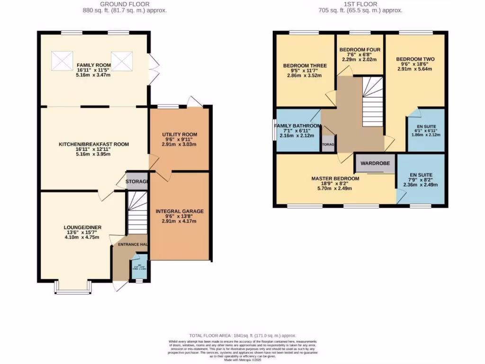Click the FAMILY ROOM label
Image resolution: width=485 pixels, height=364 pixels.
(x=94, y=65)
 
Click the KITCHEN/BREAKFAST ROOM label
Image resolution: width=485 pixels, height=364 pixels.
(x=94, y=144)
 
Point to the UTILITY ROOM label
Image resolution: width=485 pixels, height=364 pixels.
(x=179, y=135)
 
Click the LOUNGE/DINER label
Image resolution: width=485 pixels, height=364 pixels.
(x=81, y=227)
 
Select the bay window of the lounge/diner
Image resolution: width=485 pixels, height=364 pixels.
(x=72, y=287)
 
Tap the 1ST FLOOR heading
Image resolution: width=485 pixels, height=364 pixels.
(x=360, y=4)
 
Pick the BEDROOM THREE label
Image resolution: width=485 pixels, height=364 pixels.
(x=302, y=65)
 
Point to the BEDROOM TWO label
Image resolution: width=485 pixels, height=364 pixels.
(x=415, y=59)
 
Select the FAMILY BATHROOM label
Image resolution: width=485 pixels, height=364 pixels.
(x=298, y=126)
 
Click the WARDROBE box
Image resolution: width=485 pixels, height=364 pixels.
(x=375, y=163)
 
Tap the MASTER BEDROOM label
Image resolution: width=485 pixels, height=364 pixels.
(x=335, y=179)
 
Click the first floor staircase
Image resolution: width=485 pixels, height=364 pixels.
(x=373, y=102)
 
